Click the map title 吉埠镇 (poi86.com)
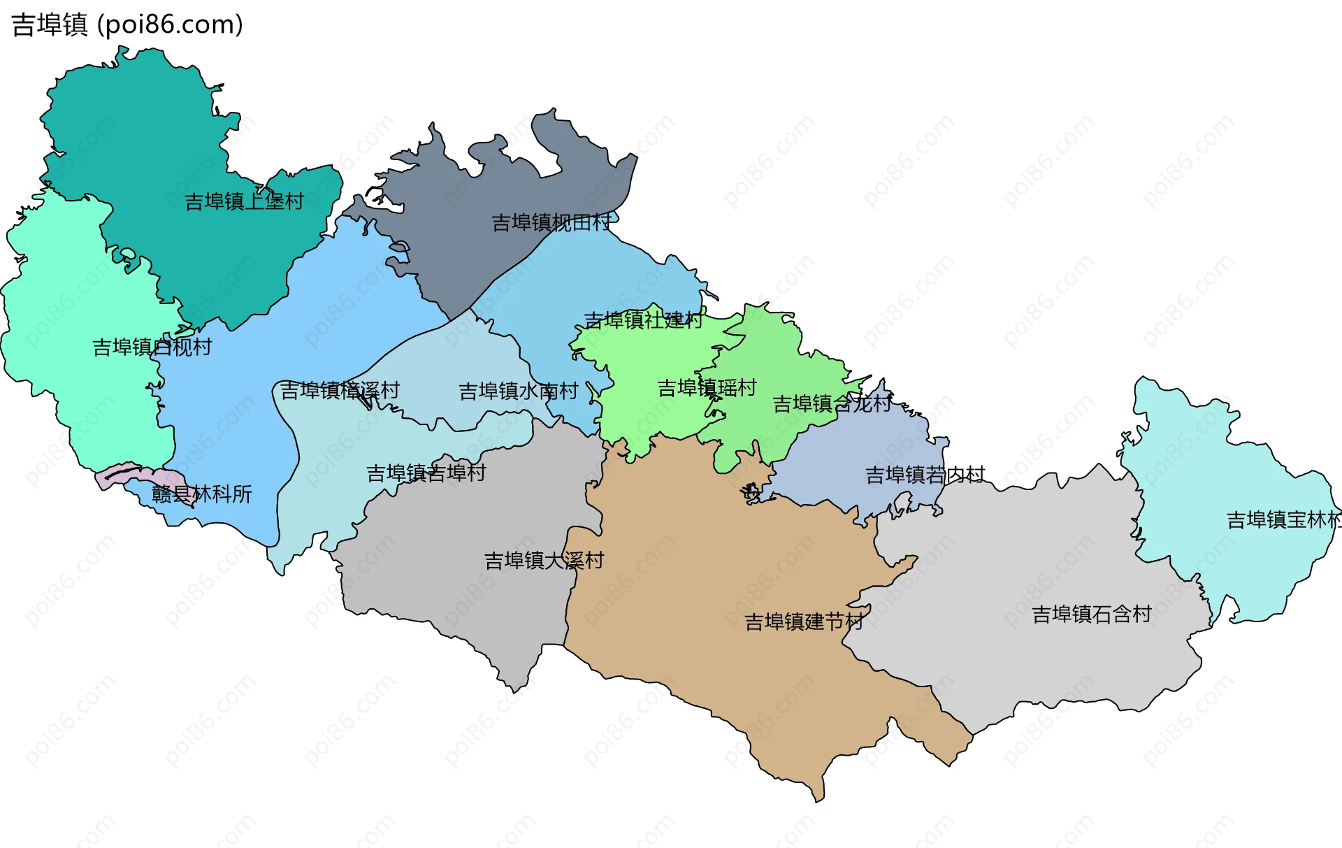127,24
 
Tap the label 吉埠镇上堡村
244,201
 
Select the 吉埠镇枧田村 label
551,222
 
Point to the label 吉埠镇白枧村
152,347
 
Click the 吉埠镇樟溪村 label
340,390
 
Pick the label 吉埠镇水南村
518,391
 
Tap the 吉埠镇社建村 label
643,320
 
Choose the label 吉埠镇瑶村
707,387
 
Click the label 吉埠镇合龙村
832,403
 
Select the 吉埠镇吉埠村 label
426,473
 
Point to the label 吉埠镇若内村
925,475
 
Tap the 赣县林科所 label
201,494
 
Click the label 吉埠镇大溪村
544,561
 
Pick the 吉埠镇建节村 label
804,621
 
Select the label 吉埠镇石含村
1092,614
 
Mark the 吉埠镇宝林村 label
1283,520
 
